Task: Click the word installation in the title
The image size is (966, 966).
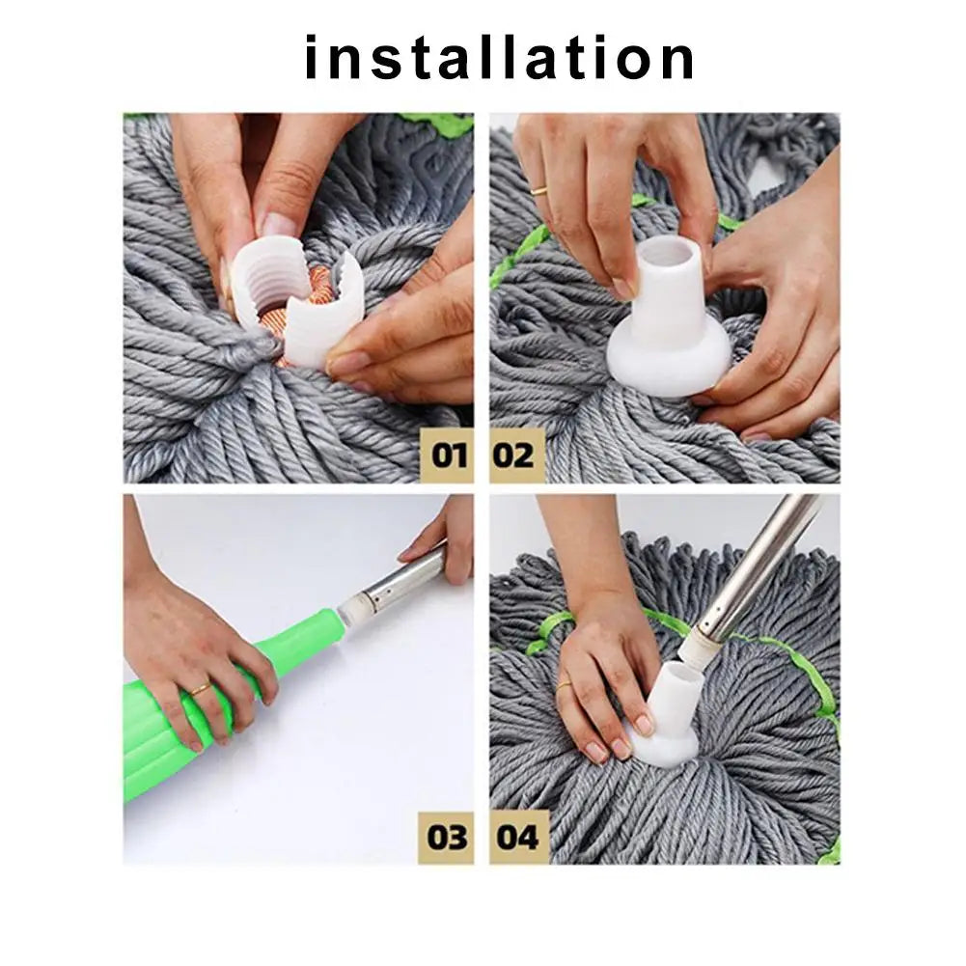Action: coord(499,57)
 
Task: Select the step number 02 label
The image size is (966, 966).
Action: coord(515,454)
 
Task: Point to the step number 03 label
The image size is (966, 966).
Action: coord(447,836)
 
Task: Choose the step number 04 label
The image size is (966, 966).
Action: coord(517,836)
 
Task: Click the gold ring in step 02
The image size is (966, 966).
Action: coord(540,189)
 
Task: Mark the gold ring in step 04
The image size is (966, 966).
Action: coord(564,686)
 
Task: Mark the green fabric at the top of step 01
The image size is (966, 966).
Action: coord(434,124)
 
